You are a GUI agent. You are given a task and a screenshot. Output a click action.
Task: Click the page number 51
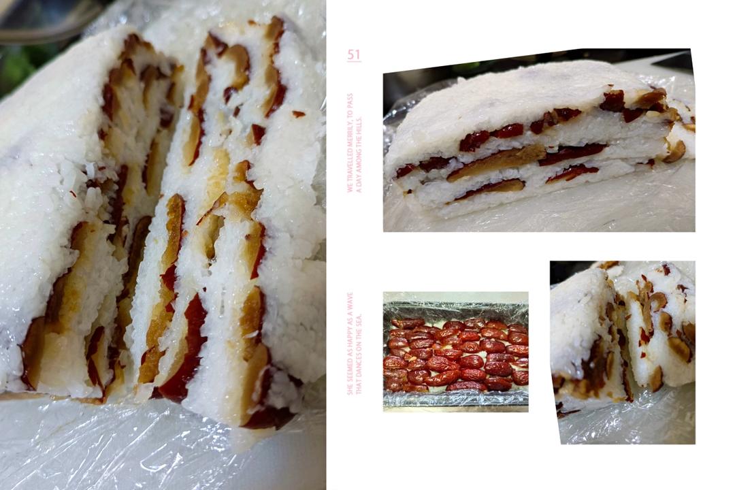click(x=354, y=54)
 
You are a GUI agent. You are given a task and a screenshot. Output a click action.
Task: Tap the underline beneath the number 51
click(x=354, y=62)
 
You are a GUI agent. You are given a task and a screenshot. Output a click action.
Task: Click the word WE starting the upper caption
click(x=350, y=189)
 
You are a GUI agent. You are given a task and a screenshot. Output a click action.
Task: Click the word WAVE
click(x=350, y=302)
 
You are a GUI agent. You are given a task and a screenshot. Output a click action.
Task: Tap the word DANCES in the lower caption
click(x=359, y=365)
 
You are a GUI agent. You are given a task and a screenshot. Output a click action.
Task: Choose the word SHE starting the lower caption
click(x=350, y=388)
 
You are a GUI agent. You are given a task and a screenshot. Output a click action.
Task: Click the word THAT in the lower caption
click(x=359, y=387)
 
